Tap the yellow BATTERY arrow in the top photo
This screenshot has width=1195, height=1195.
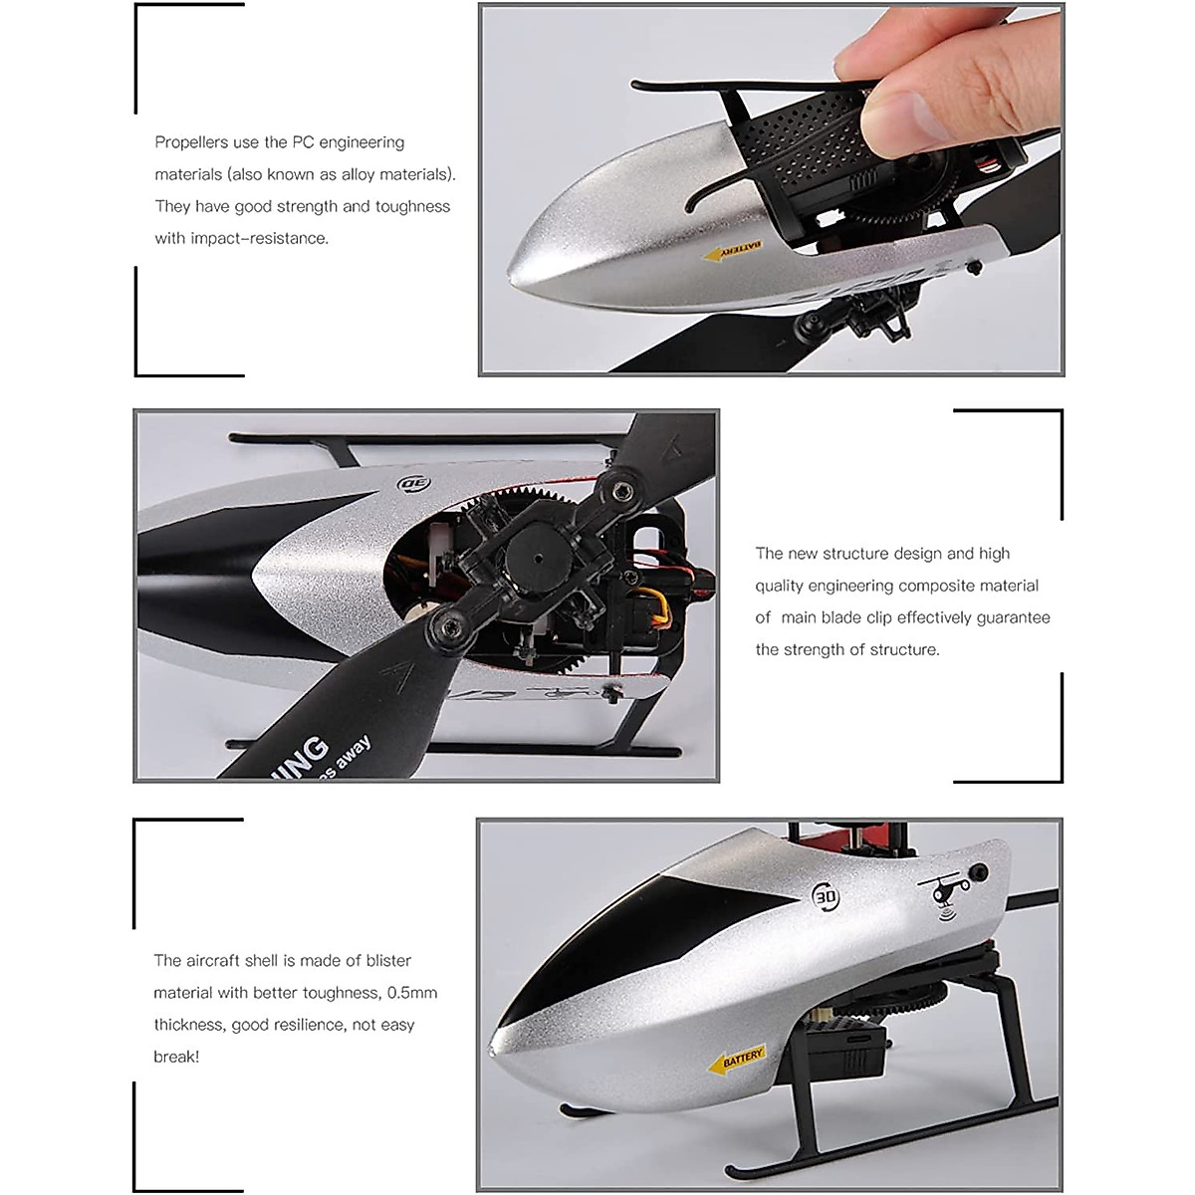coord(733,251)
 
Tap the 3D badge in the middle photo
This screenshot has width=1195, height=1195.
coord(412,485)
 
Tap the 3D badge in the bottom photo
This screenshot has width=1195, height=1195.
coord(827,896)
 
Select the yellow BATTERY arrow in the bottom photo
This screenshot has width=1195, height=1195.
coord(737,1060)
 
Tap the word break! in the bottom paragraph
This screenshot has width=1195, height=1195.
coord(176,1057)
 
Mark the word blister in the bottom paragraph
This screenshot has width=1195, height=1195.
coord(386,961)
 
